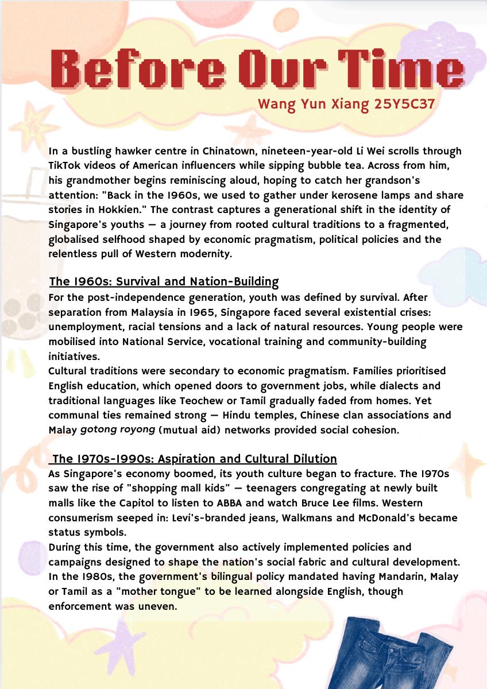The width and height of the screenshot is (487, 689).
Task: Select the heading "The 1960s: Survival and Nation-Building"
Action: pos(164,282)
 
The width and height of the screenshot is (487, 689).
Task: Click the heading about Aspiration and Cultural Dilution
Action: pos(194,459)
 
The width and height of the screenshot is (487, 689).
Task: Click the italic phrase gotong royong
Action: pos(116,430)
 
